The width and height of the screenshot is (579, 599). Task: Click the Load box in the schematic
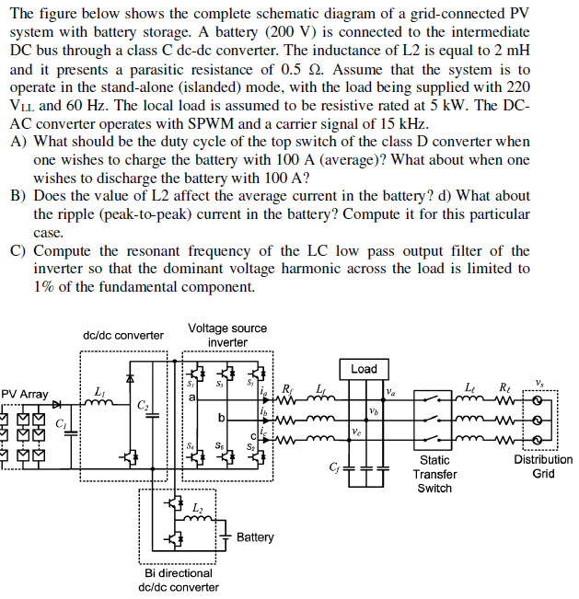point(364,368)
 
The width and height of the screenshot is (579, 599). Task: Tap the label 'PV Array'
point(25,394)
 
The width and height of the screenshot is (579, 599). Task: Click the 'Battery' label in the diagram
point(255,536)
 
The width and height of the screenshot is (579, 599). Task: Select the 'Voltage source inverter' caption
point(226,335)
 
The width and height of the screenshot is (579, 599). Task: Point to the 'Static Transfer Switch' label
point(434,473)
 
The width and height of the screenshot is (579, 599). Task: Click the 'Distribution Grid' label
point(543,467)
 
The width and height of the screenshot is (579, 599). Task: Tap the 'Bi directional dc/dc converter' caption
point(179,580)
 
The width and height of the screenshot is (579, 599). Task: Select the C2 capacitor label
point(143,405)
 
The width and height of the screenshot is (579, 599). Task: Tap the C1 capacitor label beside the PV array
point(61,424)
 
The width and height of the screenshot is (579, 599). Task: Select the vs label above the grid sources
point(539,381)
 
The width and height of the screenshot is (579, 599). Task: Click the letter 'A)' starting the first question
point(18,143)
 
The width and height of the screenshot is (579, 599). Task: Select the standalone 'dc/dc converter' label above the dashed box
point(123,335)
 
